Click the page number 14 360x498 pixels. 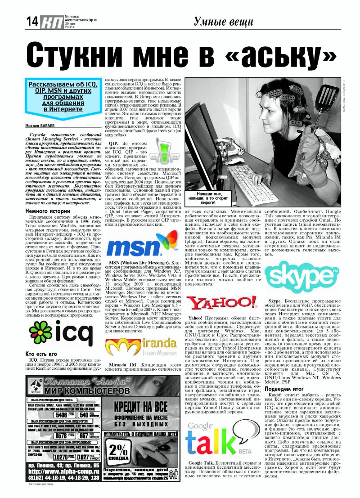pos(31,21)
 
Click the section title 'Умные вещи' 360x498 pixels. pos(224,21)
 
